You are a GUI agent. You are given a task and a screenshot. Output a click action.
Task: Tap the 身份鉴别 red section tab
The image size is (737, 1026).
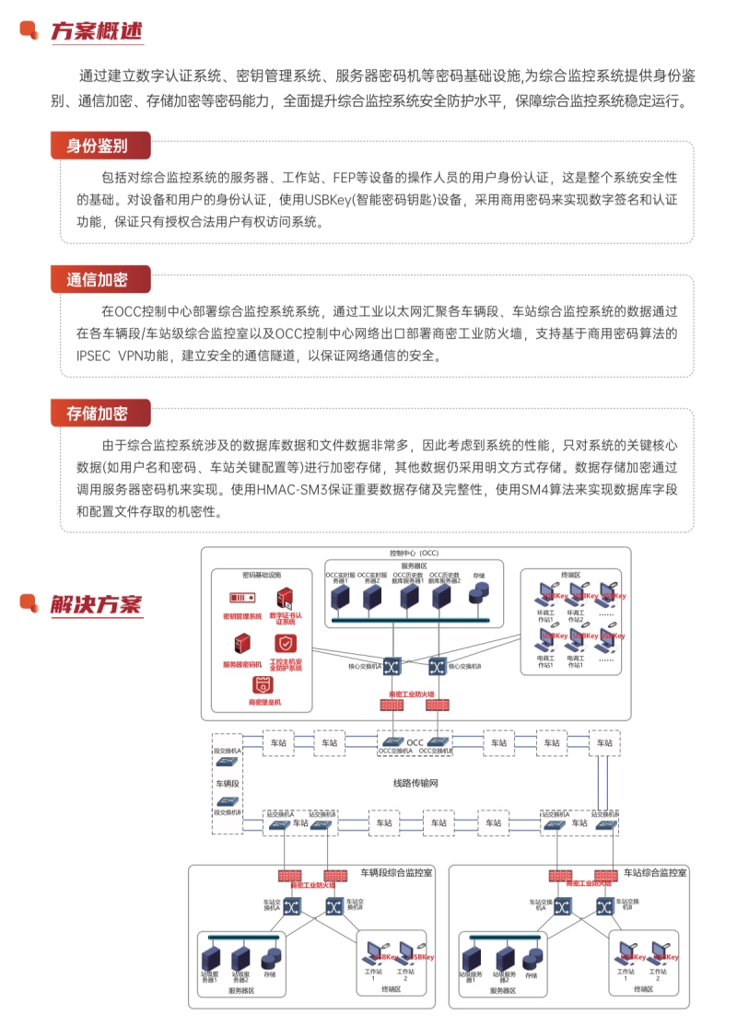97,146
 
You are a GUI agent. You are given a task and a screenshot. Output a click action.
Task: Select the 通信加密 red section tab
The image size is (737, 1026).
97,279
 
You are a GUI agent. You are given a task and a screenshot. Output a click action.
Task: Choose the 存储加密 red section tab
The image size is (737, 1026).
97,413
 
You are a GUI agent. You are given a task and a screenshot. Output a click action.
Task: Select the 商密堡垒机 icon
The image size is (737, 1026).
264,686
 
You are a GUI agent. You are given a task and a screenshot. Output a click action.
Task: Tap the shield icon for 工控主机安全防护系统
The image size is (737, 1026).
287,643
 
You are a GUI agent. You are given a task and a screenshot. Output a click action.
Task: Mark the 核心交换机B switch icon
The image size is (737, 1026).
437,665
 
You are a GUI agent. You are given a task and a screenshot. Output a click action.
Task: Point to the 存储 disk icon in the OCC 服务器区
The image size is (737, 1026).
478,597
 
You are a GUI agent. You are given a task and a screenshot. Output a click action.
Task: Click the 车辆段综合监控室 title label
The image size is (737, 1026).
396,871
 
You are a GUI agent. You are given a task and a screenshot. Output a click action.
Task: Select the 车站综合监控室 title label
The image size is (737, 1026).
655,871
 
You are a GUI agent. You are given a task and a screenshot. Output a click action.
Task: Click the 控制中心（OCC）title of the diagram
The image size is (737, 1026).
415,554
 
